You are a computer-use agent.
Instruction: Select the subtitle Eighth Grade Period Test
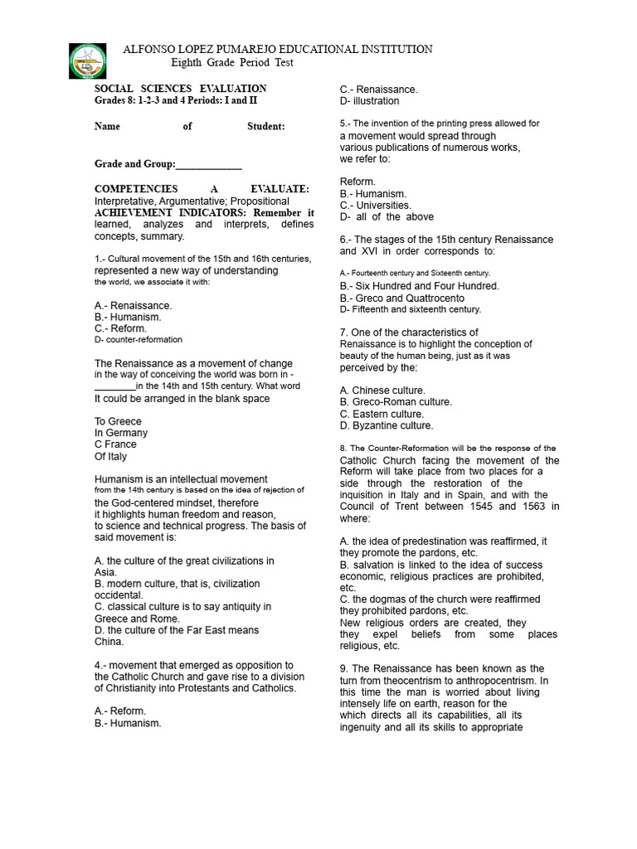[x=232, y=63]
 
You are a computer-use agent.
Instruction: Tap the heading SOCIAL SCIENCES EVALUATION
[x=181, y=89]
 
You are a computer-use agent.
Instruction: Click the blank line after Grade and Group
[x=209, y=165]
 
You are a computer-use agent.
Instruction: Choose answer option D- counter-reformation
[x=139, y=340]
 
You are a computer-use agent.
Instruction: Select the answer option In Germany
[x=121, y=433]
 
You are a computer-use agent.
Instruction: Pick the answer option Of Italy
[x=111, y=456]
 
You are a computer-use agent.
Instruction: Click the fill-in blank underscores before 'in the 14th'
[x=114, y=386]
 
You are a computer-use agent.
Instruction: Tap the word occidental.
[x=119, y=595]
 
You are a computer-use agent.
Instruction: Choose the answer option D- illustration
[x=369, y=101]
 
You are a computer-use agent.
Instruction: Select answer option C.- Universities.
[x=376, y=205]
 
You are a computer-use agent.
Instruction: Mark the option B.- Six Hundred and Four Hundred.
[x=420, y=286]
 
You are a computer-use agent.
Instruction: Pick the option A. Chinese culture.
[x=382, y=391]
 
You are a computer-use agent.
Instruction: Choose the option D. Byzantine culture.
[x=387, y=425]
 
